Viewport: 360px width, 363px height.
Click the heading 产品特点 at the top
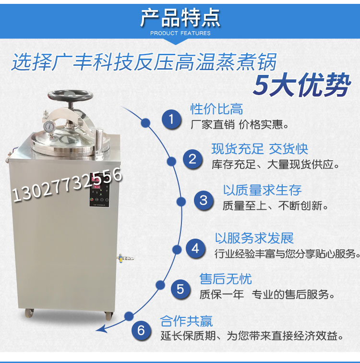(x=180, y=18)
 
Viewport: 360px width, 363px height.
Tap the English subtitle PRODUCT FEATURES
(x=180, y=33)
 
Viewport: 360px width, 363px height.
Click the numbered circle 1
(x=170, y=119)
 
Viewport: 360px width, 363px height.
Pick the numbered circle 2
(x=192, y=158)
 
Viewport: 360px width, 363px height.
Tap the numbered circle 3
(x=203, y=200)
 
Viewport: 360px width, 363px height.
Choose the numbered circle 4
(x=195, y=248)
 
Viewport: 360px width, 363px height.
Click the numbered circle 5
(x=180, y=289)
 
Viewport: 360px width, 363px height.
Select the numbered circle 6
(x=141, y=330)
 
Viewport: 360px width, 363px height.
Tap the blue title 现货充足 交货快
(x=260, y=148)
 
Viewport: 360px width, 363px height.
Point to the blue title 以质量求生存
(x=263, y=190)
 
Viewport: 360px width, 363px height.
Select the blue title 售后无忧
(x=226, y=279)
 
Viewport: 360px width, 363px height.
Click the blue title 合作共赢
(x=186, y=320)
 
